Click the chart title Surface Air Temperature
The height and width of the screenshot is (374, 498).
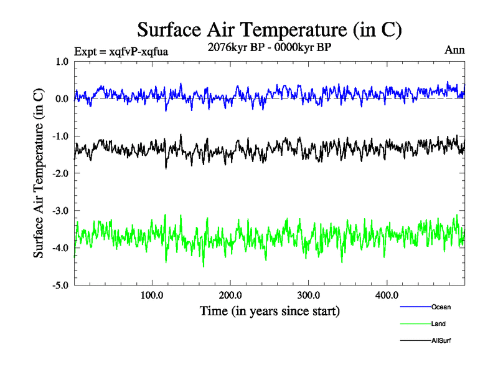270,29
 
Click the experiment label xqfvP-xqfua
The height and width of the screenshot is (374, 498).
121,51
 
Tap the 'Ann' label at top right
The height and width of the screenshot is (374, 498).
454,50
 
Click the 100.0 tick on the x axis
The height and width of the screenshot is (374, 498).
152,295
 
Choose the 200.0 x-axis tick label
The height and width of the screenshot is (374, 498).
230,295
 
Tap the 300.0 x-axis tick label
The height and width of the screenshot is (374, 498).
309,295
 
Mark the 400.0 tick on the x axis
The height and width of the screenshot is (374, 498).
387,295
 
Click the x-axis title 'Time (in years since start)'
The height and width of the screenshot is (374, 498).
270,310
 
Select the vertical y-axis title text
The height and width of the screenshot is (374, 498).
39,173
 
